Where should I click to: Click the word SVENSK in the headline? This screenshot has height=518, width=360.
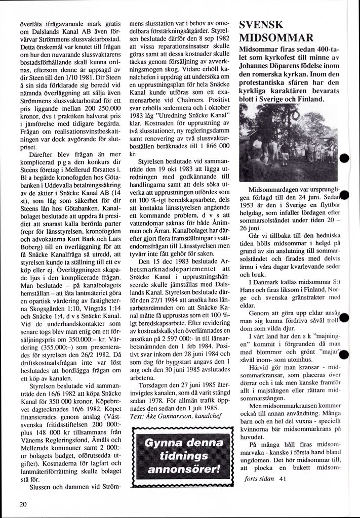(261, 25)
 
